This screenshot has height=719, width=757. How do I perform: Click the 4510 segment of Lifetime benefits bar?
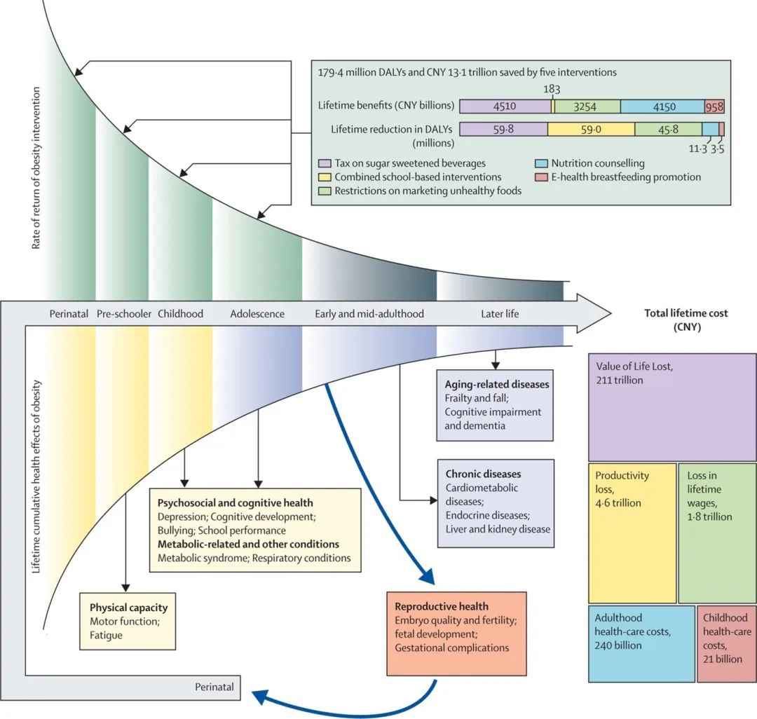tap(505, 106)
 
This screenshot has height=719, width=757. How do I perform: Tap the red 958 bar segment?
tap(714, 106)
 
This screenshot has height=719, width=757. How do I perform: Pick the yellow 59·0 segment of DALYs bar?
tap(591, 129)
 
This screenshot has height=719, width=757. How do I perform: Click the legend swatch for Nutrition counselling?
tap(541, 163)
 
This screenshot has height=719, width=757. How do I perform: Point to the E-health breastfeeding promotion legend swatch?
tap(541, 177)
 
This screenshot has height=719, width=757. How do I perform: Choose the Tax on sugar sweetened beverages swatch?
tap(325, 163)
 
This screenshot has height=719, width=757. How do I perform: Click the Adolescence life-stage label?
tap(257, 314)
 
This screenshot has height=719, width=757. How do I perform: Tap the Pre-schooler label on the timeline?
tap(124, 314)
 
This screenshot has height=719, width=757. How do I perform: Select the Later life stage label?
tap(500, 314)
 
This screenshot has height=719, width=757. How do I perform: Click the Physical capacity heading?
tap(128, 608)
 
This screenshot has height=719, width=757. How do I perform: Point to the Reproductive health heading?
tap(442, 606)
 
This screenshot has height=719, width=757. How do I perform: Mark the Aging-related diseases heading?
tap(497, 384)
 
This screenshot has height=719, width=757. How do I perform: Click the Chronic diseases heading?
tap(483, 474)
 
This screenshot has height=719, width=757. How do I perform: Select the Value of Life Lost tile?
tap(672, 407)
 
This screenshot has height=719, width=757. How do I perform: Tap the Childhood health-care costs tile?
tap(727, 644)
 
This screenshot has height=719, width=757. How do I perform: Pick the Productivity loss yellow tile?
tap(632, 533)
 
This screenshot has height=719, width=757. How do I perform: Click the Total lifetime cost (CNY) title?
tap(686, 320)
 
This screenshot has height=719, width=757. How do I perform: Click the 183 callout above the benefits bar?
tap(552, 89)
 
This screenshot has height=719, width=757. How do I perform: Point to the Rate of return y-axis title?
tap(36, 168)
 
